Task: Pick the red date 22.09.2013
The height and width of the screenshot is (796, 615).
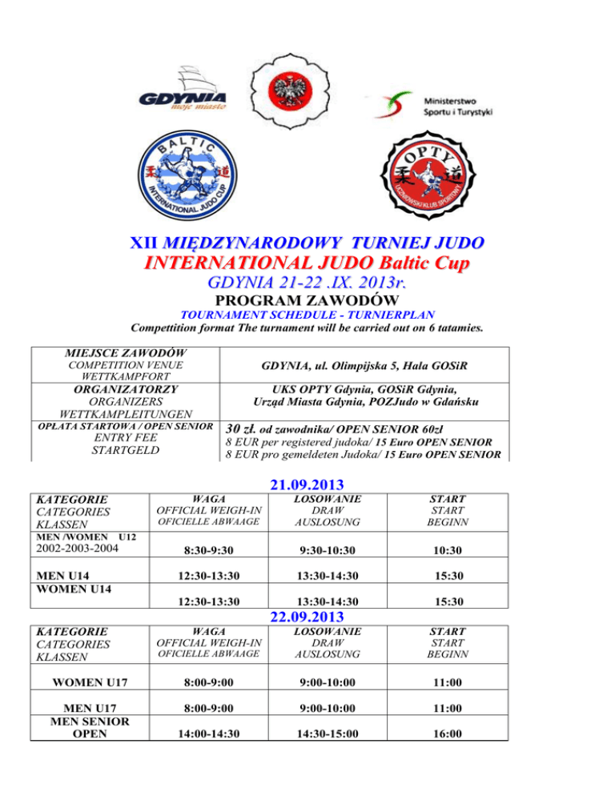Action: tap(307, 617)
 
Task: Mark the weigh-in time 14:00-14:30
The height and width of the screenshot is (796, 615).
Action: tap(183, 732)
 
